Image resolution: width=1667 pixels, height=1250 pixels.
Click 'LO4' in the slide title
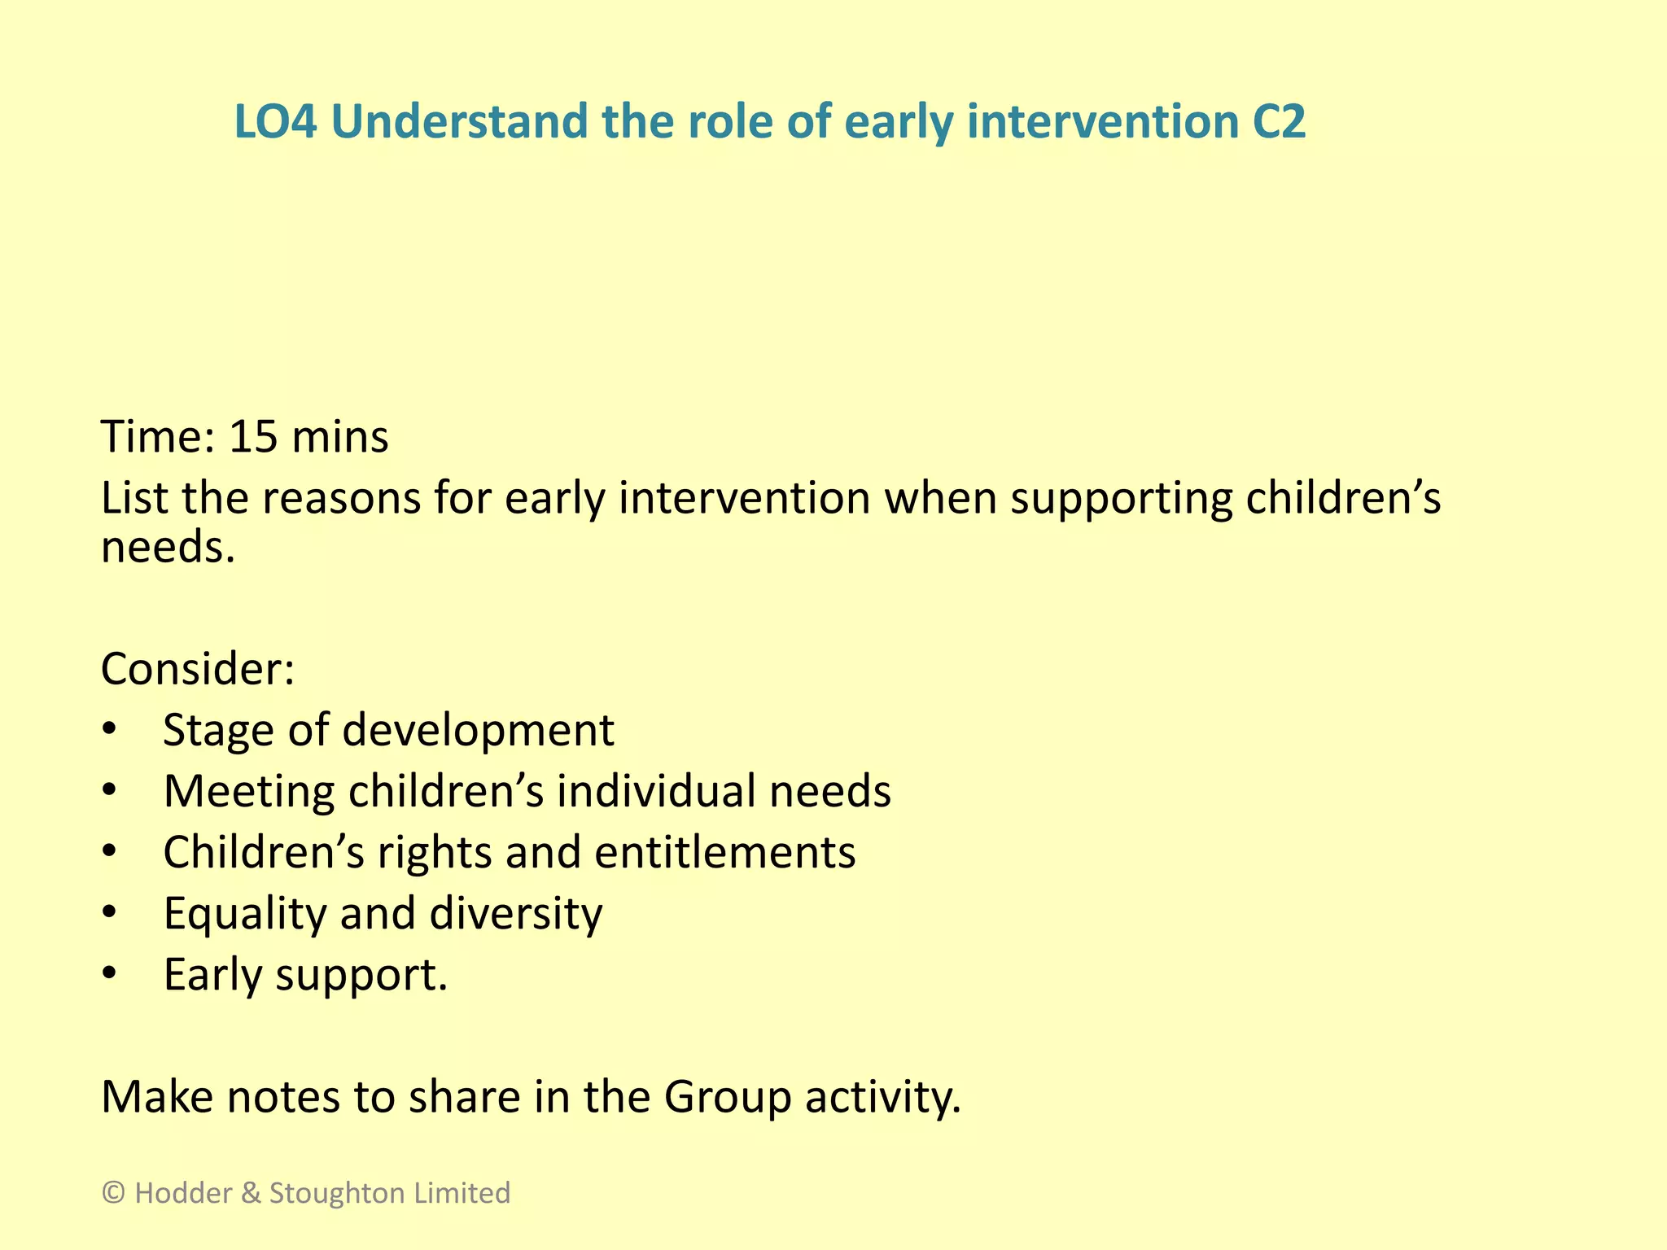[275, 122]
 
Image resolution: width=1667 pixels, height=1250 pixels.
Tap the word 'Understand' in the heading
[459, 122]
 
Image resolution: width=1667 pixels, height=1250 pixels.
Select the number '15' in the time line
[253, 437]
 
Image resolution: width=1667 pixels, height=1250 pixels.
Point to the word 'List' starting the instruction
[134, 497]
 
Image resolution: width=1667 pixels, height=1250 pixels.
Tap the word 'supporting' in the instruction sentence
[1121, 499]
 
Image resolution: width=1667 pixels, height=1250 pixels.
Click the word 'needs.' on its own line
[168, 547]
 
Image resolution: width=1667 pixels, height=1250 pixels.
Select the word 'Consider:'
[197, 669]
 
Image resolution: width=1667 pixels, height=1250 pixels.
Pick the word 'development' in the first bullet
[478, 730]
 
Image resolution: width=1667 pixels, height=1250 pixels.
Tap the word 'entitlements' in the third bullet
[724, 852]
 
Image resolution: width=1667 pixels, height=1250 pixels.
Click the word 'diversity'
[516, 913]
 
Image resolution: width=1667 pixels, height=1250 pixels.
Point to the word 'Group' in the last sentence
[728, 1098]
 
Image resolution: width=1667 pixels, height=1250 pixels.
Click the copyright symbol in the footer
[113, 1193]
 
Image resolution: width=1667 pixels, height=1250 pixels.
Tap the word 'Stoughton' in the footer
[337, 1193]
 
